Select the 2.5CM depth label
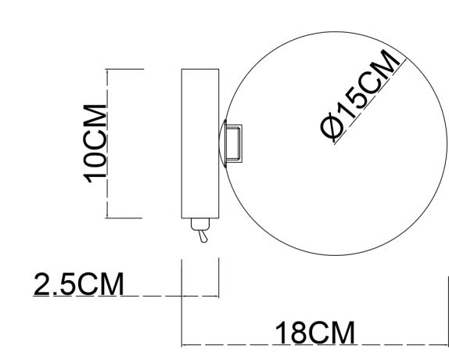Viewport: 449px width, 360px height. (78, 283)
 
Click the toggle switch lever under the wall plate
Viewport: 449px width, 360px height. (202, 236)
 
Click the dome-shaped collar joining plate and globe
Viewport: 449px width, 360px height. (222, 145)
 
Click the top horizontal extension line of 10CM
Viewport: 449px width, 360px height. (125, 70)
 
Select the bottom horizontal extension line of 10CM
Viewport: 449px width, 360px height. (125, 217)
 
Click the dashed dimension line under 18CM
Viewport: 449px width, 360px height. (235, 345)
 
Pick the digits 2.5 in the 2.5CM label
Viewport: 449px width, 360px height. (56, 283)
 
